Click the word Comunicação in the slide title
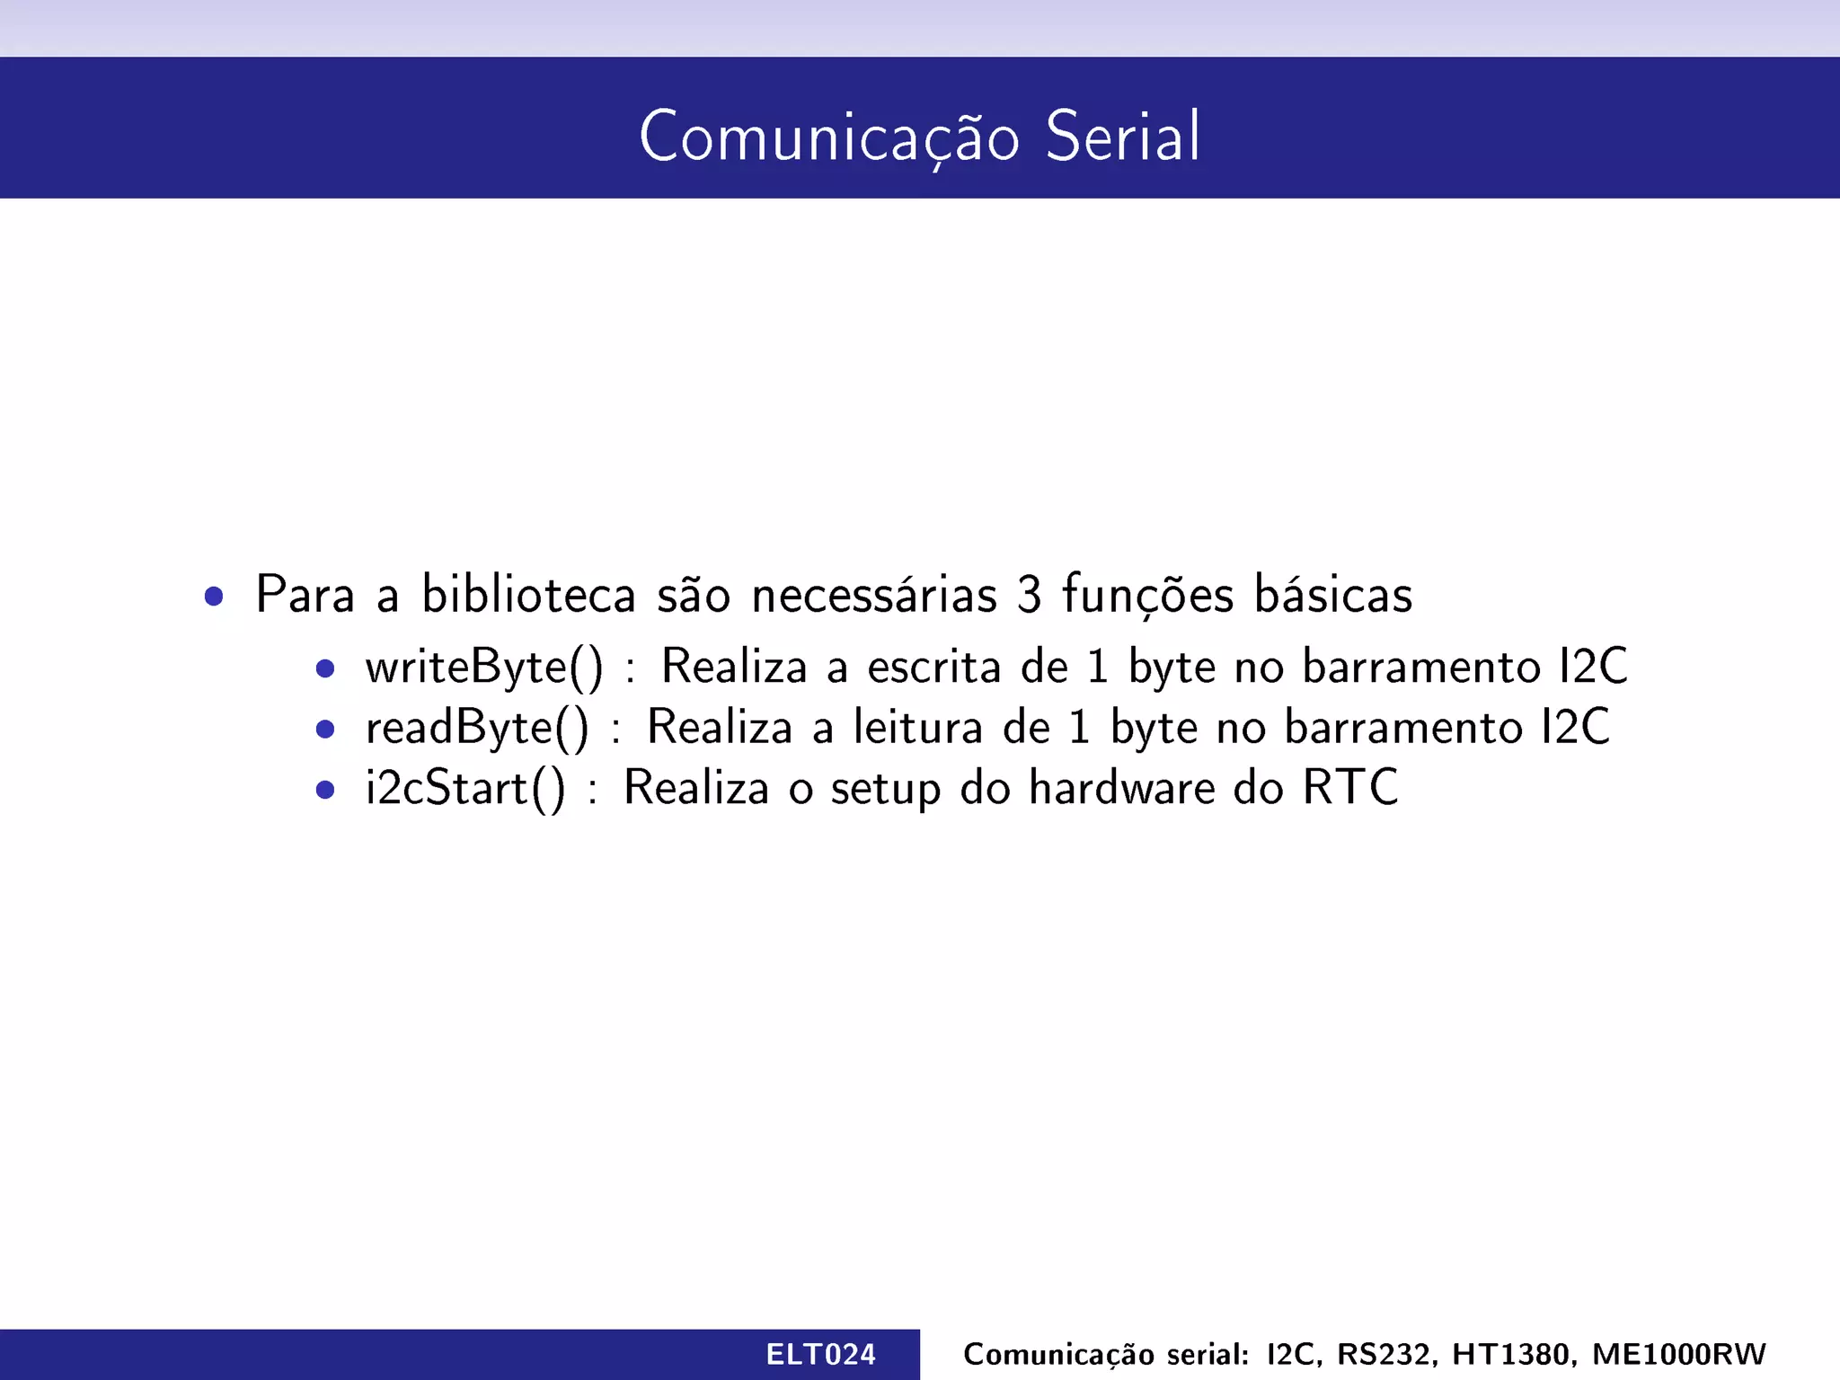pos(828,137)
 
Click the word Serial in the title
pos(1122,137)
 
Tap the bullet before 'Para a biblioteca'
pos(214,597)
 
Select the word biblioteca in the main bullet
pos(528,595)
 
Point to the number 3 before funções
pos(1029,595)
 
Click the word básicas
pos(1332,595)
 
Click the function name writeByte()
pos(484,668)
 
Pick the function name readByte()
pos(477,728)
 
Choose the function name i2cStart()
pos(465,789)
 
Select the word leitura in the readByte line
pos(917,728)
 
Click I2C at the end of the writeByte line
pos(1593,668)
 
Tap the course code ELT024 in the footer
pos(820,1354)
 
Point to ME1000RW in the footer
pos(1678,1354)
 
